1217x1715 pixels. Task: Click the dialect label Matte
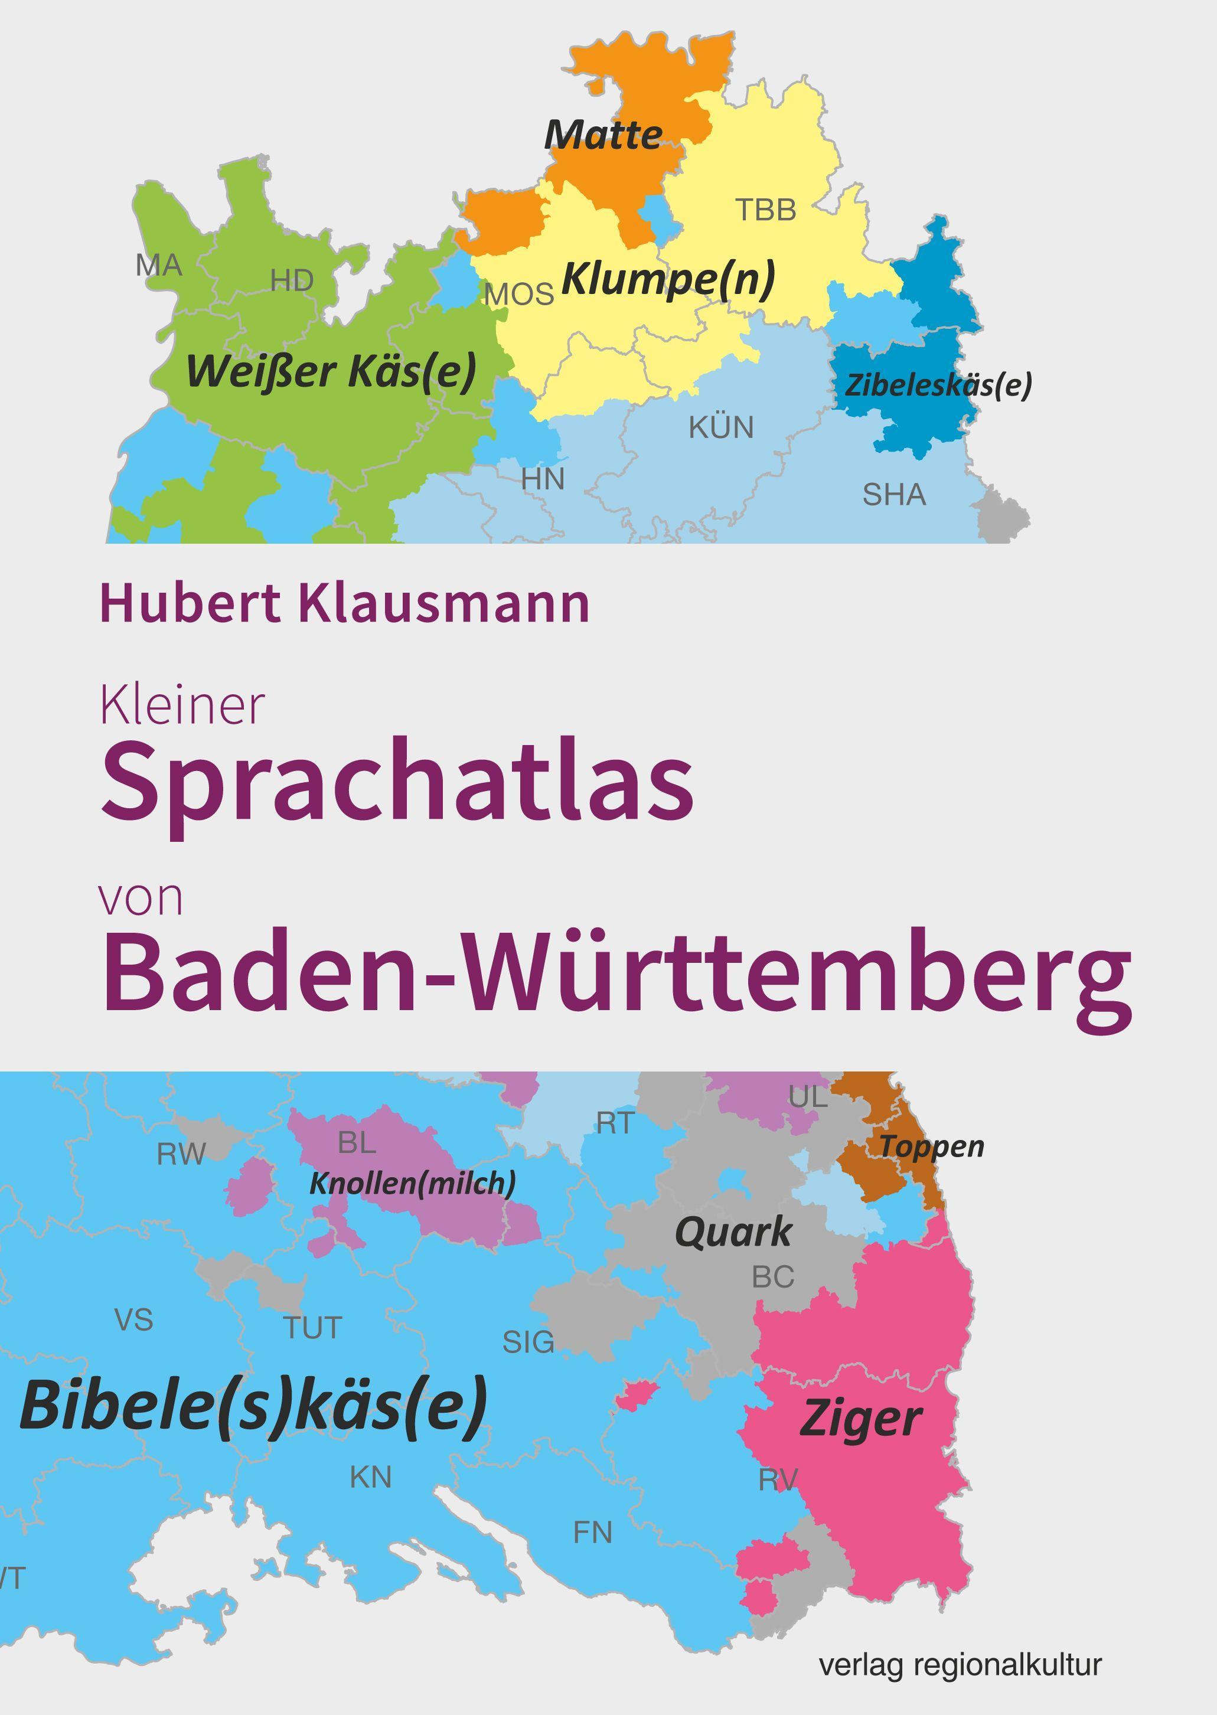603,135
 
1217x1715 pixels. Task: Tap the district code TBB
765,211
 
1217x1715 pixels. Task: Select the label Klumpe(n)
668,279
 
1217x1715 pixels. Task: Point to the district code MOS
519,295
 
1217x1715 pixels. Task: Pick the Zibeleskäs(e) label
938,385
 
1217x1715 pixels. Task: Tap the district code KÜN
721,428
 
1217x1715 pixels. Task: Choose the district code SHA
894,495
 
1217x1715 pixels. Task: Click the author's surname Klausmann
445,605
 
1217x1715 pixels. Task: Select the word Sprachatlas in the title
397,782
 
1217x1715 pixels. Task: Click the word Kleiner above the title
182,706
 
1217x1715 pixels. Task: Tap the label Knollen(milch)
413,1183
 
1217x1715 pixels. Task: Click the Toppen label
931,1146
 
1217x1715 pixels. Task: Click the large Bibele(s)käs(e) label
253,1405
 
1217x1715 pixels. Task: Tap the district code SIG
528,1342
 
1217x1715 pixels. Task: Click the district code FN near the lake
593,1533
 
